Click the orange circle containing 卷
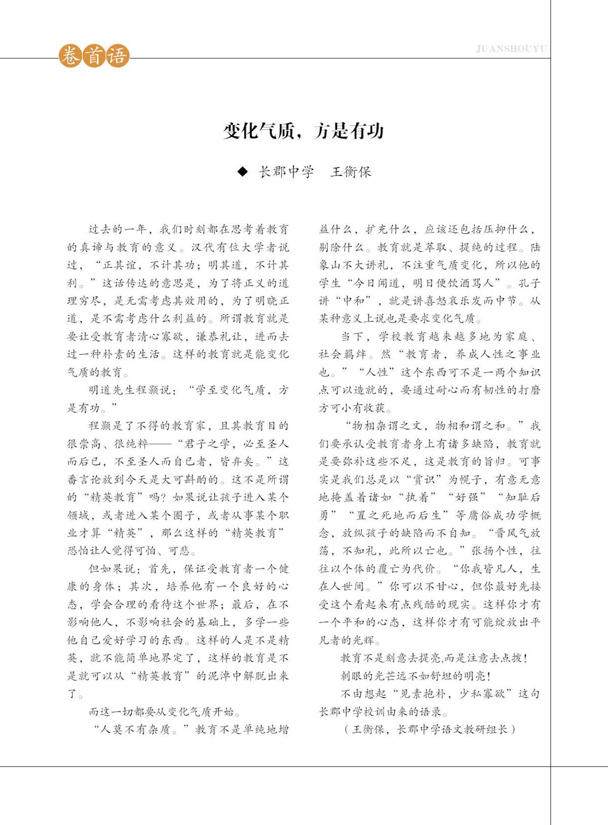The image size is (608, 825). click(x=70, y=56)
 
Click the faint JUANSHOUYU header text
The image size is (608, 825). click(x=511, y=49)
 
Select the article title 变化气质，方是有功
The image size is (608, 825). click(x=303, y=131)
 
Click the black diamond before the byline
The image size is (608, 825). click(x=243, y=172)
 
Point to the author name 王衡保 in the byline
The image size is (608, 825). click(x=351, y=172)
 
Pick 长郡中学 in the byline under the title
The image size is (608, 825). click(x=286, y=172)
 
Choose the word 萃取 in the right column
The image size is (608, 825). click(x=436, y=247)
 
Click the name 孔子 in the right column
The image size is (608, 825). click(x=529, y=283)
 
